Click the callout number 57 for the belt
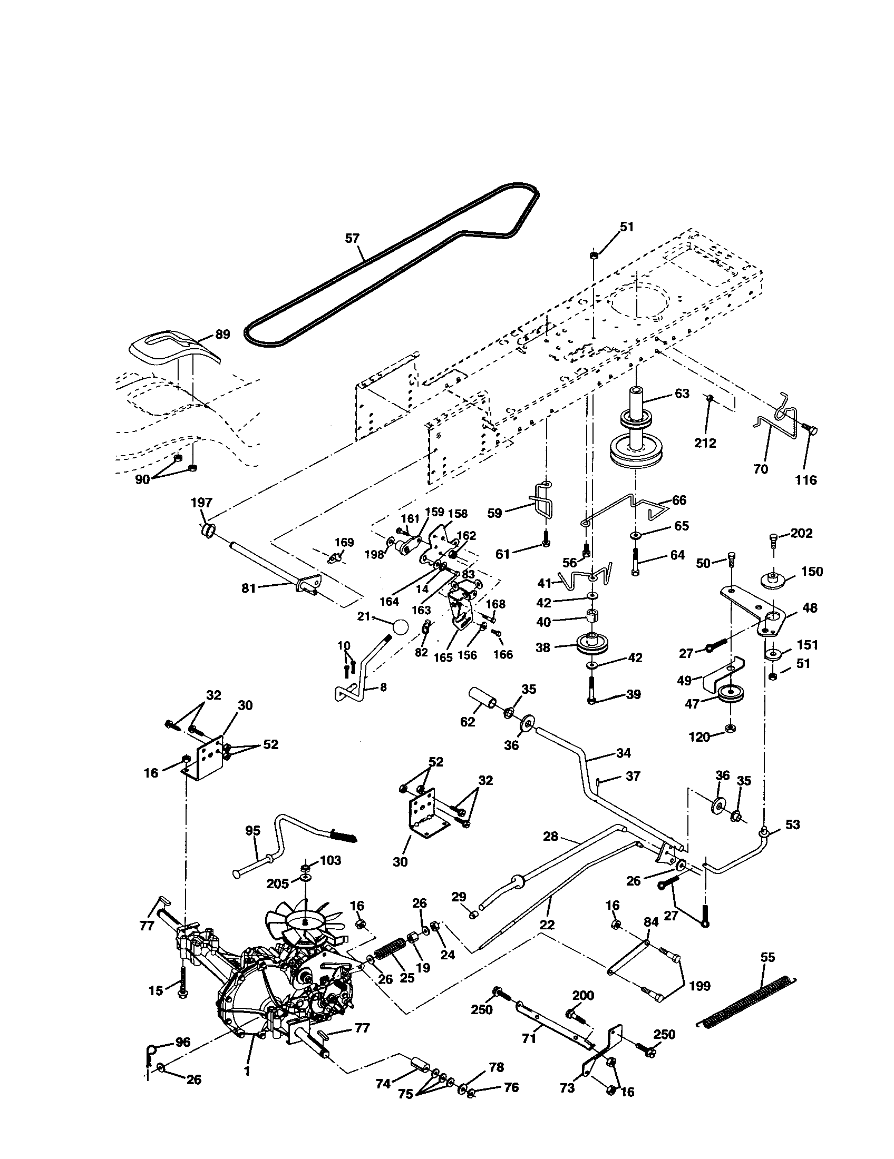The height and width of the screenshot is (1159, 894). pos(352,238)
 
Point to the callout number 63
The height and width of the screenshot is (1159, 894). pos(682,393)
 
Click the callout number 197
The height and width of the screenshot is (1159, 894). pos(202,503)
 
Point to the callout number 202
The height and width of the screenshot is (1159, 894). pos(802,533)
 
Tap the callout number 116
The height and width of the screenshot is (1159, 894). pos(805,480)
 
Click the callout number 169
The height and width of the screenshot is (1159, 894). pos(345,542)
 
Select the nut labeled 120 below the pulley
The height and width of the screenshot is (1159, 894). pos(730,726)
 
